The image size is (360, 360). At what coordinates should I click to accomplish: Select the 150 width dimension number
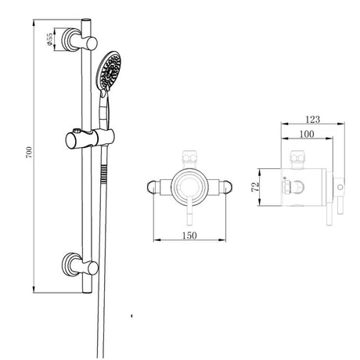pos(189,232)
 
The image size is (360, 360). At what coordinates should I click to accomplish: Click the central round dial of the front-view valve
pos(188,185)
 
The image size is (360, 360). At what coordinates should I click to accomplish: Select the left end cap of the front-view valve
pos(155,185)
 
